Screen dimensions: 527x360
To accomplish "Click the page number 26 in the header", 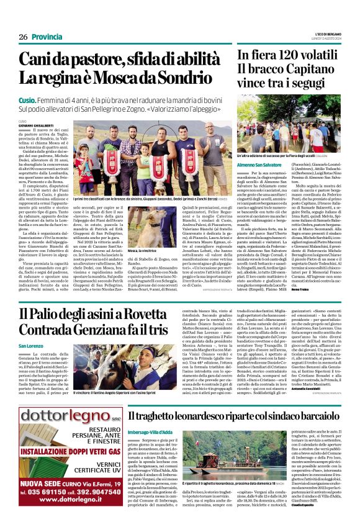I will pos(23,37).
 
